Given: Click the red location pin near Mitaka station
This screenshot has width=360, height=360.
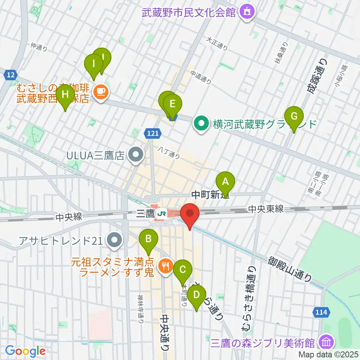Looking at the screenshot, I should pyautogui.click(x=189, y=214).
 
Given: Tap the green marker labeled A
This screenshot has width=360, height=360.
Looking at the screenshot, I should pyautogui.click(x=225, y=182).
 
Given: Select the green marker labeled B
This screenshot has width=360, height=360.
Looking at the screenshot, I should pyautogui.click(x=148, y=239).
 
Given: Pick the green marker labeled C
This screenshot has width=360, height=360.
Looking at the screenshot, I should pyautogui.click(x=183, y=270).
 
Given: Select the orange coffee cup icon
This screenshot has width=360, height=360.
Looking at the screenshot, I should pyautogui.click(x=99, y=90).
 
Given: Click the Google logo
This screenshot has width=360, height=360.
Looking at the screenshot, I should pyautogui.click(x=25, y=351).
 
